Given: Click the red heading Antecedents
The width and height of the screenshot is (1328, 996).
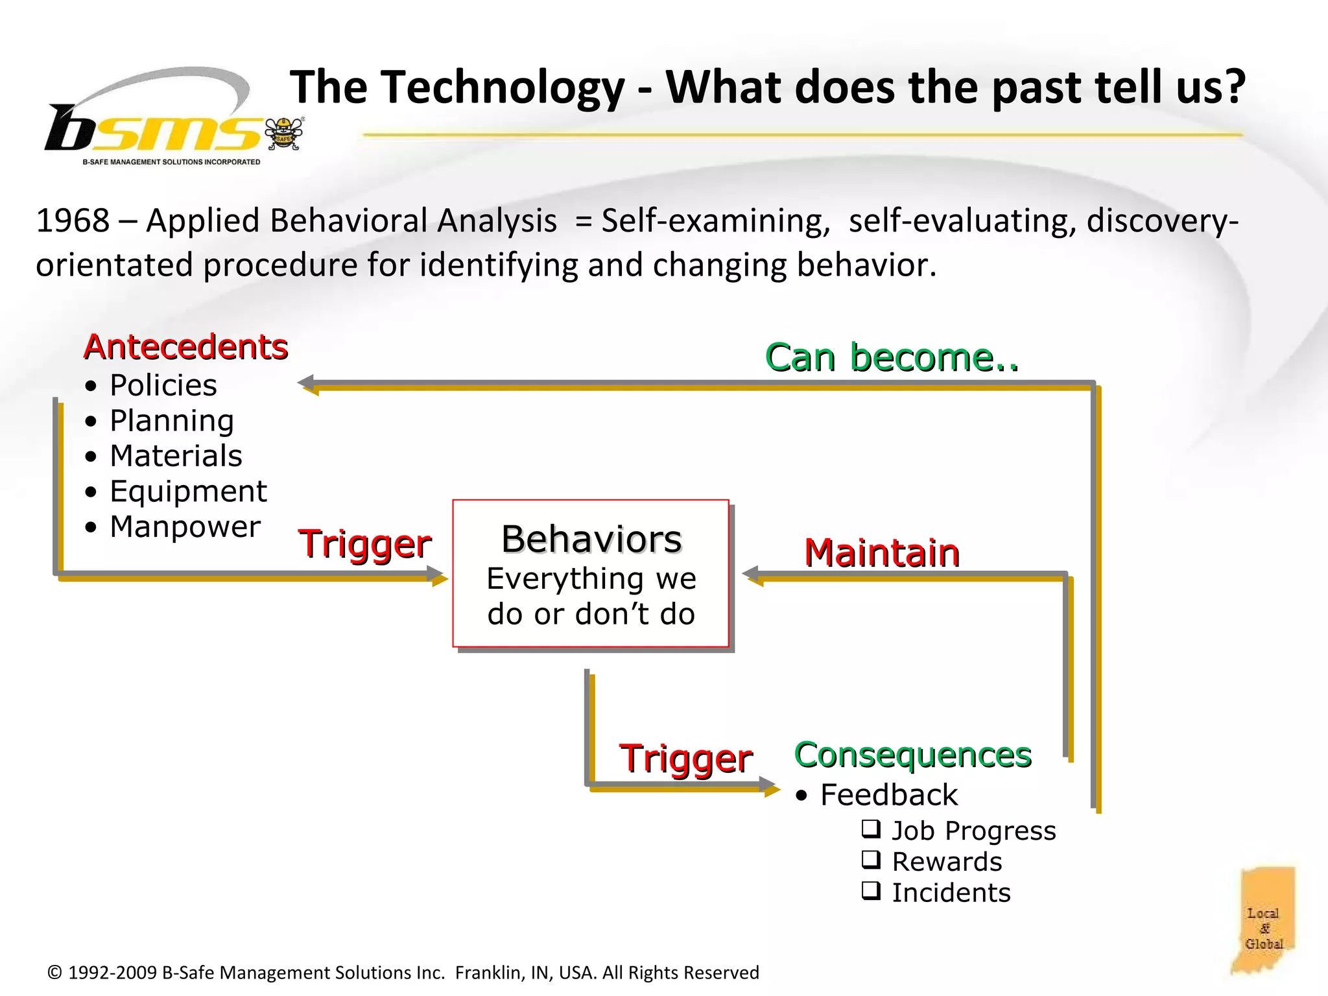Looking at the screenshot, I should [185, 346].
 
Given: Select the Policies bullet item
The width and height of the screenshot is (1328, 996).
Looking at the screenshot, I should [163, 385].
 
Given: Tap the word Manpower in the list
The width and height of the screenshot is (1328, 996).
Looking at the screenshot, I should [185, 526].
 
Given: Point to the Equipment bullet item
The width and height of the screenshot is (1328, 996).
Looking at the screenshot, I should [188, 491].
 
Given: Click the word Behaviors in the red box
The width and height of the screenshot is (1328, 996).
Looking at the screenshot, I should [591, 539].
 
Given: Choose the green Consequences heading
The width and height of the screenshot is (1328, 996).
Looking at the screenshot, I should [912, 755].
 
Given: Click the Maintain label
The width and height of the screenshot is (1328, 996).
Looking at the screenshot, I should [881, 552].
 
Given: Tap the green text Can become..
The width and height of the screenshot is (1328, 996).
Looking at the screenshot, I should [892, 357].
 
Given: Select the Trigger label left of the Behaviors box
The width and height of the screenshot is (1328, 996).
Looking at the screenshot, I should [364, 543].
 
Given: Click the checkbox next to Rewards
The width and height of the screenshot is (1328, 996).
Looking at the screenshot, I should [871, 860].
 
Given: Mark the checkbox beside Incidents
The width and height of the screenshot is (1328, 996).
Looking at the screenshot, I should [871, 891].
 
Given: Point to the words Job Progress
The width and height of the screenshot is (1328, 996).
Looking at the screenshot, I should [973, 831].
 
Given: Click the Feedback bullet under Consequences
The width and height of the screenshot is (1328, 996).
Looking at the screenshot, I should [888, 795].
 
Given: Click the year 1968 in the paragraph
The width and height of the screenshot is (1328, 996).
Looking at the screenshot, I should [73, 220].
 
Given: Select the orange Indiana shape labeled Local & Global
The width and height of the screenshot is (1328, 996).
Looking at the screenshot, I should [1264, 920].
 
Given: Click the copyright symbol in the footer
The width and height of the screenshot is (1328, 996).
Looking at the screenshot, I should [55, 973].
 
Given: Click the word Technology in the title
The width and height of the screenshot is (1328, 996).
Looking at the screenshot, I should [502, 87].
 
